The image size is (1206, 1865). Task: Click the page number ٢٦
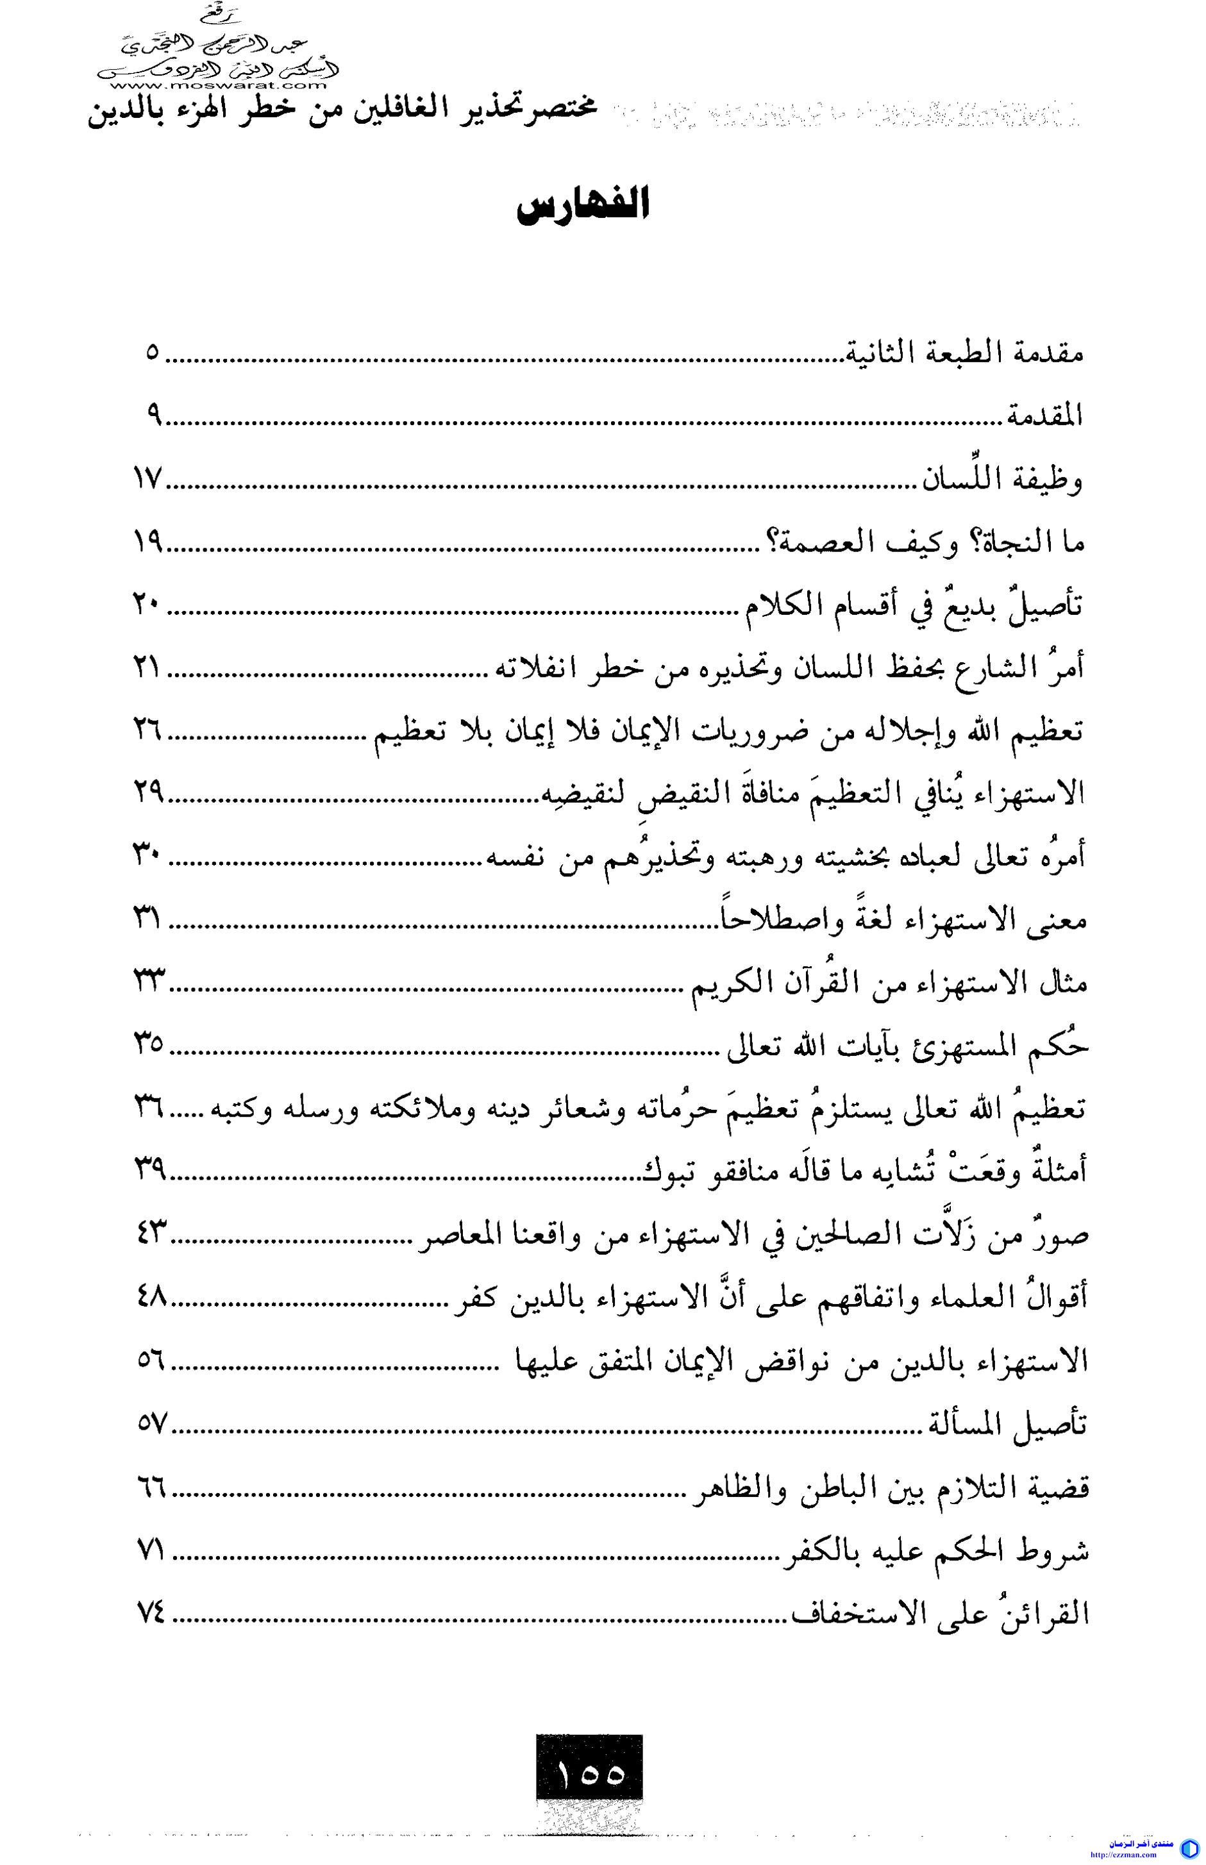tap(149, 732)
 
